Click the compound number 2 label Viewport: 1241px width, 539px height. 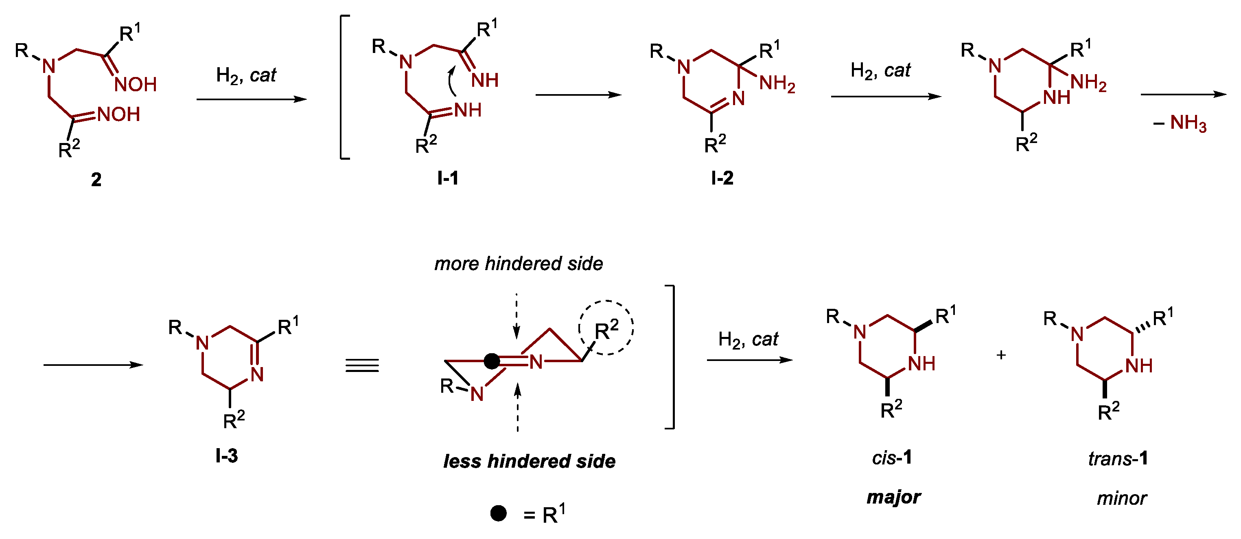click(x=96, y=180)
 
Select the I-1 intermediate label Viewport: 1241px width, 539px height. click(x=448, y=178)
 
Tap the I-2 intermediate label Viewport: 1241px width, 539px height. click(x=722, y=178)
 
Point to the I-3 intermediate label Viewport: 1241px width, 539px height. click(x=226, y=455)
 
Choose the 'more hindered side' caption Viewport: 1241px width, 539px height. click(x=519, y=264)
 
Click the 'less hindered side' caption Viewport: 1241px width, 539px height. click(x=529, y=461)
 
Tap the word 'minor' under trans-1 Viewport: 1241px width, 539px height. click(x=1121, y=498)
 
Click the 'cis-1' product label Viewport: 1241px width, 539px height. click(x=892, y=458)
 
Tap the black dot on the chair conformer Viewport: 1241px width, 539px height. click(x=491, y=361)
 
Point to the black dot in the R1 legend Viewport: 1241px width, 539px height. click(x=498, y=513)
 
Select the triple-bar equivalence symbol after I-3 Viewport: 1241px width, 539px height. click(x=362, y=365)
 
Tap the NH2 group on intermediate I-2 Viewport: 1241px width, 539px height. click(x=777, y=84)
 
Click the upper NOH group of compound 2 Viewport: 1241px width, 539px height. click(x=136, y=85)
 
